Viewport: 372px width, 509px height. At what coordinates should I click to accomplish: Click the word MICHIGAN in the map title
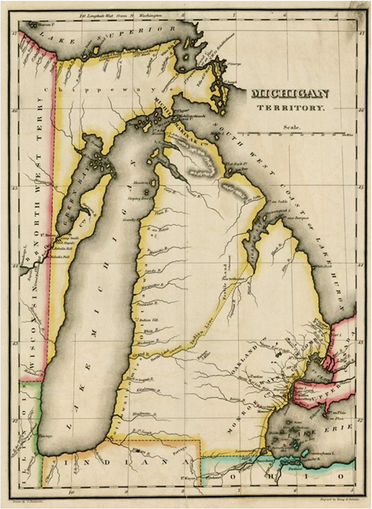[290, 94]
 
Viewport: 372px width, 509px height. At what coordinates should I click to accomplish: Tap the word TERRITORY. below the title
[290, 108]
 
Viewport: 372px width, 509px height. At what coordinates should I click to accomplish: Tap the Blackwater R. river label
[145, 414]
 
